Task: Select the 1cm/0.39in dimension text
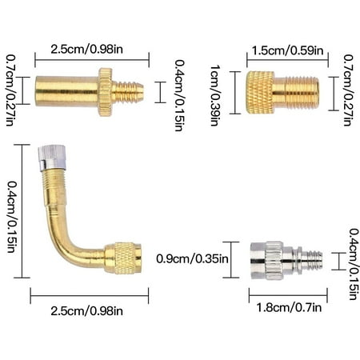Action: coord(214,94)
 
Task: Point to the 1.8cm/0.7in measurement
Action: coord(287,307)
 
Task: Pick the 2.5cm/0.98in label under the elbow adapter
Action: coord(89,309)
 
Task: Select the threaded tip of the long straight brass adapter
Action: coord(128,92)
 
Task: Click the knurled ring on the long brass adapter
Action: coord(106,92)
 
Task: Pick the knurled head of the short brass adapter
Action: coord(259,93)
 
